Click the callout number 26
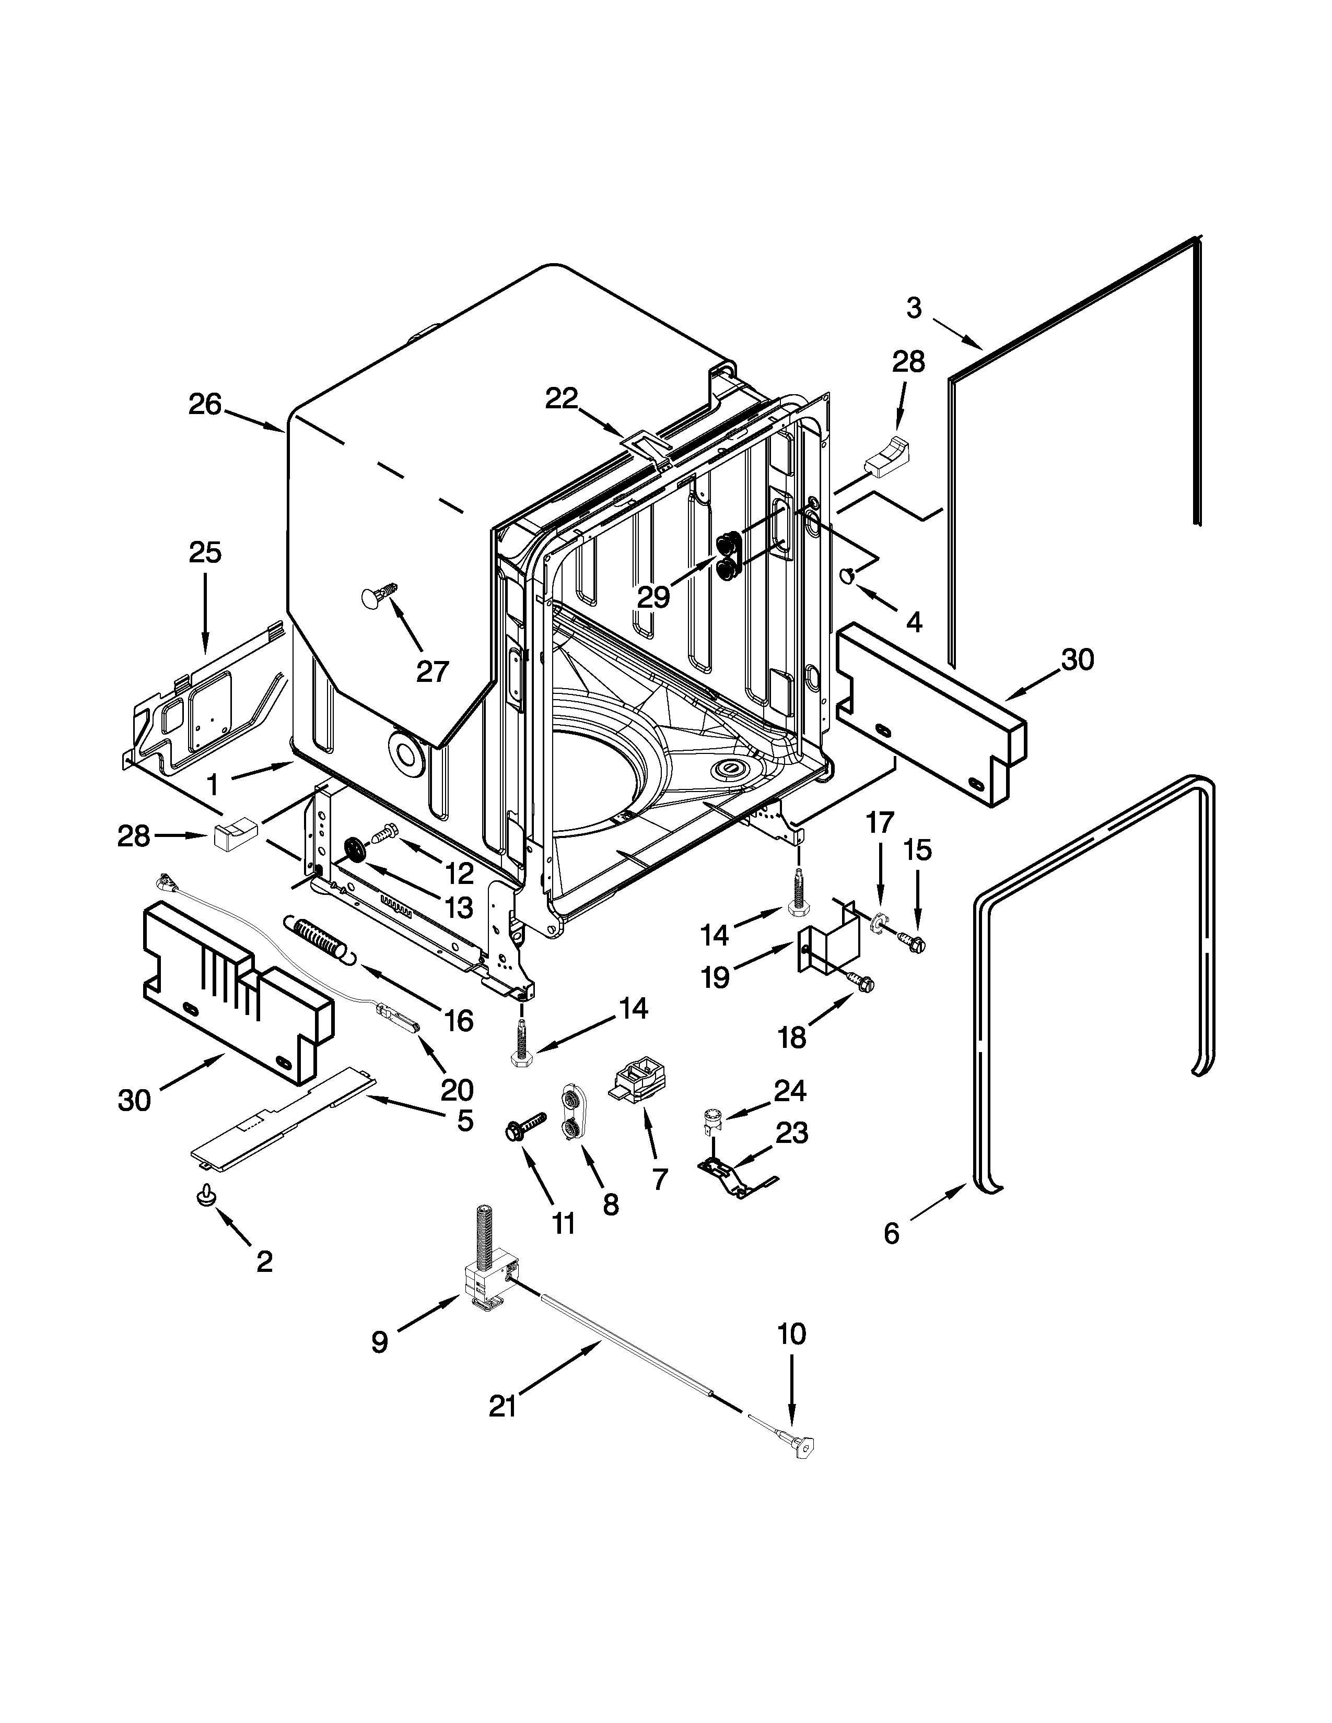point(204,405)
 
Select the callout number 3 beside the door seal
point(913,308)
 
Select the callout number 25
point(204,552)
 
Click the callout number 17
point(880,823)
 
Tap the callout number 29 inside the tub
point(653,597)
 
